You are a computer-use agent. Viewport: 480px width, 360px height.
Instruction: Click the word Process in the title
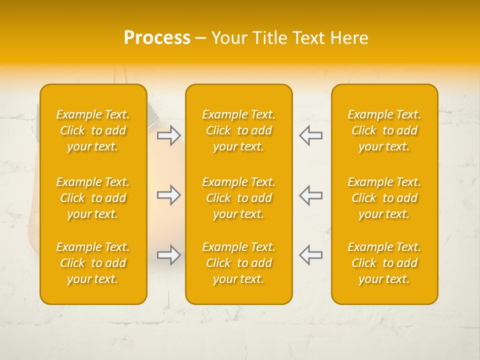(x=157, y=38)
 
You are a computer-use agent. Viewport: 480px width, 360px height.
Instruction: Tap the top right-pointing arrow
(x=168, y=135)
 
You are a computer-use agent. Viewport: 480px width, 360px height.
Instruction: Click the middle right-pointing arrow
(x=168, y=195)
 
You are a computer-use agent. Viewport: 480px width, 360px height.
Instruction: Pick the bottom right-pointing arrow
(x=168, y=255)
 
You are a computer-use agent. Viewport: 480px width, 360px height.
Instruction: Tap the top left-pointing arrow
(x=310, y=135)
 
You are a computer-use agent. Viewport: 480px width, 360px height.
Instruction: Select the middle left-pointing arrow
(x=310, y=195)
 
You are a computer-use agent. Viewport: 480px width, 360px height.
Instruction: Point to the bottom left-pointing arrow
(x=310, y=255)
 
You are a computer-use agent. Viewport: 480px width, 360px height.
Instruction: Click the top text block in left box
(x=93, y=130)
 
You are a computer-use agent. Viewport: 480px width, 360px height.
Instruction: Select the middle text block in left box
(x=93, y=198)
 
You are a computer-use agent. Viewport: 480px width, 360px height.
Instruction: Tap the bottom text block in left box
(x=93, y=263)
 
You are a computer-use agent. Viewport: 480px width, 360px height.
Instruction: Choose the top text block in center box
(x=238, y=130)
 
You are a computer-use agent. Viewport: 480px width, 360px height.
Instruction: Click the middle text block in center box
(x=238, y=198)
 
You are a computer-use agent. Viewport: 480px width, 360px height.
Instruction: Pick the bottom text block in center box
(x=238, y=263)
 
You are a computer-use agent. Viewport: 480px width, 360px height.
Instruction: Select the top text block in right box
(x=384, y=130)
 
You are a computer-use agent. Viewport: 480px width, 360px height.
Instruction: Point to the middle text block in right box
(x=384, y=198)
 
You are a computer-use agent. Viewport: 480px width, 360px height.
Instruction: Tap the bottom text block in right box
(x=384, y=263)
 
